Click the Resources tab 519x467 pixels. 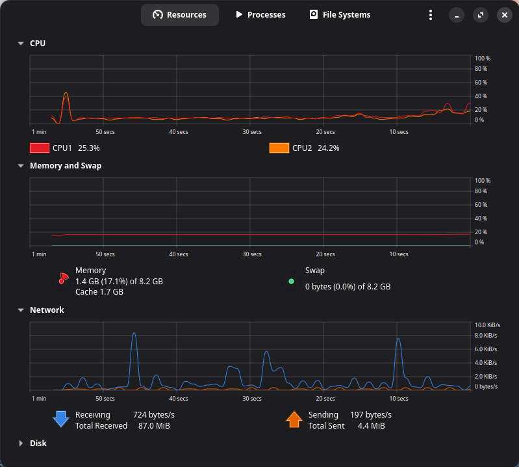pos(180,15)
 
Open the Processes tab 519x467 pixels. pos(260,15)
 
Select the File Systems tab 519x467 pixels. pos(340,15)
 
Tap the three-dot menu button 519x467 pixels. pos(430,15)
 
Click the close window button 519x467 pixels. pos(505,15)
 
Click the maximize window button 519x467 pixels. pos(481,15)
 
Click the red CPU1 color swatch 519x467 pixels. pos(40,148)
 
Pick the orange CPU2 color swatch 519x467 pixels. pos(279,148)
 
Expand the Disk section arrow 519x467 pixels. pos(21,443)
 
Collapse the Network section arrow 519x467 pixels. pos(21,310)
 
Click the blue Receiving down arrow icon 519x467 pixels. pos(61,420)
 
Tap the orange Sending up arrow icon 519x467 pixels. pos(294,420)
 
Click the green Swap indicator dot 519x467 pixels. pos(291,282)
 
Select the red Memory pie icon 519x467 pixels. pos(63,278)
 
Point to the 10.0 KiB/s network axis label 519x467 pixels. pos(487,325)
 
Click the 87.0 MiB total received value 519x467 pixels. pos(154,425)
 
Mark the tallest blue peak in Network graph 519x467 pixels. pos(134,333)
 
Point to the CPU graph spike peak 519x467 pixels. pos(66,92)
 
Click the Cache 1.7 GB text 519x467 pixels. pos(99,291)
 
